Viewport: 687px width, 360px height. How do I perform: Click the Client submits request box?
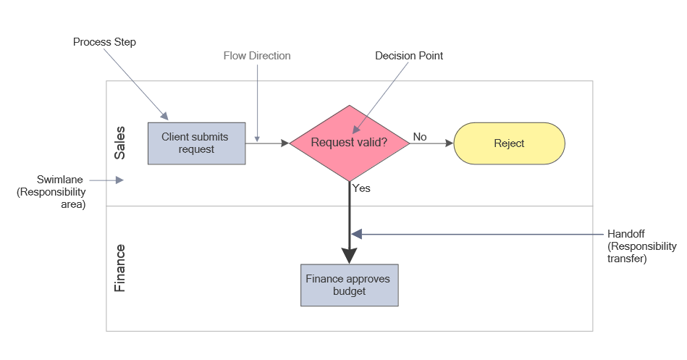pos(196,143)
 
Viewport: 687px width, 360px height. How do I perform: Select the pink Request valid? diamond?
pos(349,143)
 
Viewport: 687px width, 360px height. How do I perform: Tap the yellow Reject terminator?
pos(509,143)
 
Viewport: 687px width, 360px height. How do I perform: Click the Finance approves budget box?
pos(350,285)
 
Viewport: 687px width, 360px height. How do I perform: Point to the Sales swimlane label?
pos(120,143)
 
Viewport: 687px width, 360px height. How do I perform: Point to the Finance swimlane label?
pos(120,268)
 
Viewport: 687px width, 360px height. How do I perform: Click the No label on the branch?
pos(420,136)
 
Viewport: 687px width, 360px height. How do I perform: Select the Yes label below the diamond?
pos(361,188)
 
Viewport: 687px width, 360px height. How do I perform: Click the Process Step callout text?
pos(104,42)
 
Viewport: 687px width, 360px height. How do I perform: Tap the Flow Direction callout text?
pos(257,56)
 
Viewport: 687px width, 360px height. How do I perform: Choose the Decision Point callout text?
pos(409,56)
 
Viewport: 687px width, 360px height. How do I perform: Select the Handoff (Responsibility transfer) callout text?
pos(642,246)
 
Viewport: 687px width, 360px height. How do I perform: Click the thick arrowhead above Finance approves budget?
pos(350,256)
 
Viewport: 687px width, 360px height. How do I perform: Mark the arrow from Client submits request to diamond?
pos(267,143)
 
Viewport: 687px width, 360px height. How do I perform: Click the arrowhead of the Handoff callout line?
pos(356,234)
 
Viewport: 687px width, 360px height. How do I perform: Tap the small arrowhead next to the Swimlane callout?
pos(119,180)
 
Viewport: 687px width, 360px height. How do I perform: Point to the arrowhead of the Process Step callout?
pos(165,116)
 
